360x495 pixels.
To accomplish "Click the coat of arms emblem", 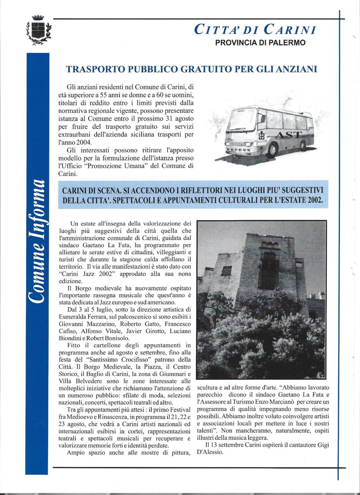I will point(38,30).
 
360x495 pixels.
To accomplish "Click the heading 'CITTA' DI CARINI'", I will point(255,30).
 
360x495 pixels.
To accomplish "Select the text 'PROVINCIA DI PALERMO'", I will point(260,43).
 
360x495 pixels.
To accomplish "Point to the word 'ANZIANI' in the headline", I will point(296,69).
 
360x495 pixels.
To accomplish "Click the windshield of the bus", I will point(243,120).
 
